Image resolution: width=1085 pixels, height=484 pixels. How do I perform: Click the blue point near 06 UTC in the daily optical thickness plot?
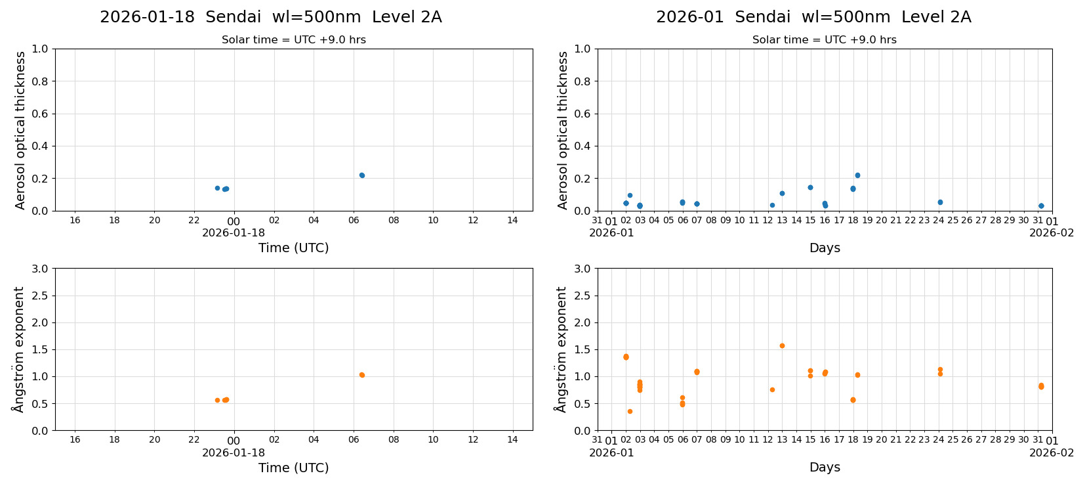click(x=361, y=175)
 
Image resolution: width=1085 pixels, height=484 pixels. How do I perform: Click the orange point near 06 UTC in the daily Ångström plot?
click(x=361, y=375)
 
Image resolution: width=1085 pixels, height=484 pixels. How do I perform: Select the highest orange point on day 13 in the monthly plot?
click(x=782, y=345)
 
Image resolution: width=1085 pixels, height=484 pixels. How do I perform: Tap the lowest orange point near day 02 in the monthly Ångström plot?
click(x=630, y=411)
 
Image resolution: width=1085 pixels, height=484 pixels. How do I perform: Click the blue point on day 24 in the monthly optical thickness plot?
click(x=940, y=202)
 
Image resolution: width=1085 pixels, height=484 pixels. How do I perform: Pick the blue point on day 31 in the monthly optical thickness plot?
click(x=1041, y=206)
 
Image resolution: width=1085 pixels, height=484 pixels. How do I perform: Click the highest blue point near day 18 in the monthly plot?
click(x=857, y=175)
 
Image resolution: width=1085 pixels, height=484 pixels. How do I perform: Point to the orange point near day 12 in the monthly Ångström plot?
click(x=772, y=389)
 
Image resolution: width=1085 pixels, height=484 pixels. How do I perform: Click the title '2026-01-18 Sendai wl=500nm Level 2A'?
click(x=270, y=17)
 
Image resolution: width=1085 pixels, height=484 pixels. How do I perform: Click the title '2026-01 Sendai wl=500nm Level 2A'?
click(x=813, y=17)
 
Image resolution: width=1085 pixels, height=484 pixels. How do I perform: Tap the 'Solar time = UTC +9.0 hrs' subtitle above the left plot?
click(x=293, y=40)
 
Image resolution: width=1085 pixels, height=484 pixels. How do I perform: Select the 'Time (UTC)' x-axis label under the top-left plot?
click(x=293, y=248)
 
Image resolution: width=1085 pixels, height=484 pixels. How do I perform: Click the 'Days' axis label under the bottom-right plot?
click(x=825, y=467)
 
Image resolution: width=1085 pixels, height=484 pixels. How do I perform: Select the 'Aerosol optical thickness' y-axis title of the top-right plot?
click(x=563, y=130)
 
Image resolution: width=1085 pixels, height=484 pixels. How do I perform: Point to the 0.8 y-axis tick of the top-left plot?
click(x=40, y=81)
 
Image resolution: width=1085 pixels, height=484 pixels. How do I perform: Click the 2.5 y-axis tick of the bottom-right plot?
click(x=582, y=296)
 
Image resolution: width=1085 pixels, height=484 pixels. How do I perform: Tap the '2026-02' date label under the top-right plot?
click(x=1052, y=232)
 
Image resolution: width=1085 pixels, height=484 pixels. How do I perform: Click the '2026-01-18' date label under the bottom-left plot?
click(x=234, y=452)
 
